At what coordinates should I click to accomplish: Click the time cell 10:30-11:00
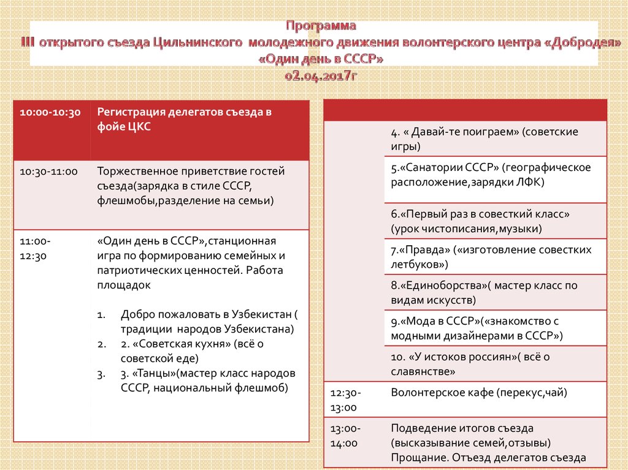pos(48,173)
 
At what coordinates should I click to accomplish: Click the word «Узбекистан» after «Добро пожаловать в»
pos(258,314)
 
